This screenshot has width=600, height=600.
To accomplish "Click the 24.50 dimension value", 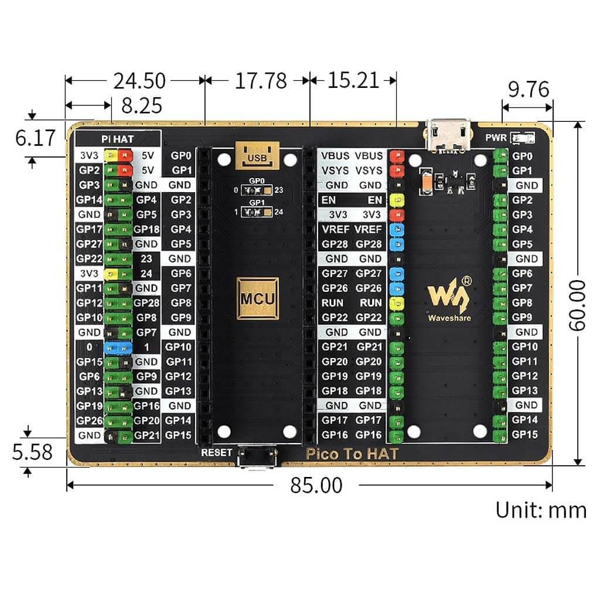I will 139,80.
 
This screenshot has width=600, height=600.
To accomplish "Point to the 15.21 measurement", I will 353,80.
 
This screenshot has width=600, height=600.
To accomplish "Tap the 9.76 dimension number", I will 529,89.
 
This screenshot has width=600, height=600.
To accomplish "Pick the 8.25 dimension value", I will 141,105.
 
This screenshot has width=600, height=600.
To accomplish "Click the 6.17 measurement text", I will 35,138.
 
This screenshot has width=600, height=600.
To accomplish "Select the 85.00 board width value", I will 316,485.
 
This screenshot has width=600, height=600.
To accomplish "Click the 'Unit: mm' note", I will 540,509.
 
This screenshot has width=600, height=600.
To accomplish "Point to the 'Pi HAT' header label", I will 117,139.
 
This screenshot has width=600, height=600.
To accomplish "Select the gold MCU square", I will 257,298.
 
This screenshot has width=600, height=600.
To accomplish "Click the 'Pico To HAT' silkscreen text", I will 352,454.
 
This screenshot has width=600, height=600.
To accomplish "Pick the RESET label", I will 216,452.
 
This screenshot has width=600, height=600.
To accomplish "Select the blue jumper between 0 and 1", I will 117,347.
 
